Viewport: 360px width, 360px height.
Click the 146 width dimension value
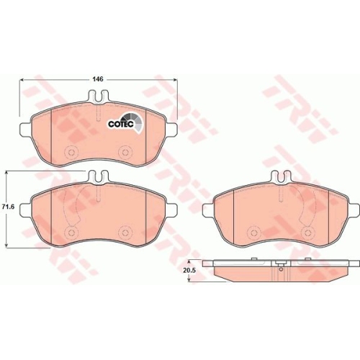(x=99, y=79)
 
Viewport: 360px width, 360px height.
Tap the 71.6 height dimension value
(x=8, y=207)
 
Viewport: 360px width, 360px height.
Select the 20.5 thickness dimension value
(x=189, y=271)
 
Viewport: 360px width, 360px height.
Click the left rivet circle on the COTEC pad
(x=71, y=152)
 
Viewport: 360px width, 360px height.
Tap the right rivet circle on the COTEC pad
(x=125, y=152)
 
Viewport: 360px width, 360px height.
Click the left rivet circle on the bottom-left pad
(x=71, y=233)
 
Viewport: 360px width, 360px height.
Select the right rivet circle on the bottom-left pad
(x=125, y=233)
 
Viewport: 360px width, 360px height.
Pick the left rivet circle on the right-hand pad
(x=253, y=233)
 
